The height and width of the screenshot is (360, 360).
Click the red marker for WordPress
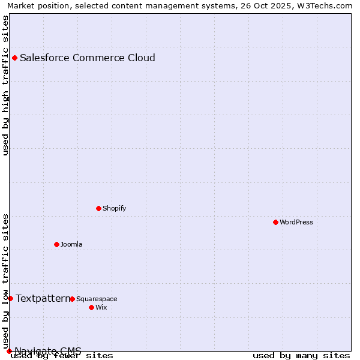point(275,222)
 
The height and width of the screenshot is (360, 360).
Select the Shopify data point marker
point(98,208)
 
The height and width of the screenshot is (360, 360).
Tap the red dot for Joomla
point(56,244)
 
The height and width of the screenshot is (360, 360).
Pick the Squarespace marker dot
point(72,299)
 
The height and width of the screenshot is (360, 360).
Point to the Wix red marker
point(91,307)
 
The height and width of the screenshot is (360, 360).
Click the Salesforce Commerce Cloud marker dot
point(14,58)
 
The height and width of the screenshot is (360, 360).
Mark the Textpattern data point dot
point(10,298)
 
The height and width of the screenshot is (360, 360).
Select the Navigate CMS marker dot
point(9,351)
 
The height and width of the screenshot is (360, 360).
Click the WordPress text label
point(296,222)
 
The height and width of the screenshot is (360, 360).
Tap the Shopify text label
point(114,208)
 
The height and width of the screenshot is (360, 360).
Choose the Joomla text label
point(71,244)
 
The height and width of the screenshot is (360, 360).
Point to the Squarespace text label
point(97,299)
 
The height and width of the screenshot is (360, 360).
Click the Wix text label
point(101,307)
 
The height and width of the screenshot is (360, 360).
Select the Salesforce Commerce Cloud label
point(88,58)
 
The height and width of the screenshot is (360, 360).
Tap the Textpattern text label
point(43,298)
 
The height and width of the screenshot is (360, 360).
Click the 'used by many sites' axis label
point(301,356)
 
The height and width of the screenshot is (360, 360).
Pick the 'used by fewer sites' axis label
point(62,356)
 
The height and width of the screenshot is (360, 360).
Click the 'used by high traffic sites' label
point(5,85)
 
